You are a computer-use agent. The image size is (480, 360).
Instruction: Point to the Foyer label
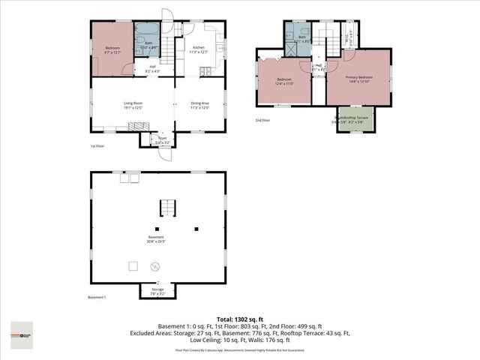162,138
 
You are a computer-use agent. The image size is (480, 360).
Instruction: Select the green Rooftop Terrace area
352,120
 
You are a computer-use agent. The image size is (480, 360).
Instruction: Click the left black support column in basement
157,229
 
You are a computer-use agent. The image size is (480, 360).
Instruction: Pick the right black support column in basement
196,229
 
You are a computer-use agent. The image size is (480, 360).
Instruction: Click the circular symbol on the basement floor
157,265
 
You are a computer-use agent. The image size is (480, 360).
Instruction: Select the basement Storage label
157,289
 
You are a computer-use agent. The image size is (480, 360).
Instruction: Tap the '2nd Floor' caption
262,120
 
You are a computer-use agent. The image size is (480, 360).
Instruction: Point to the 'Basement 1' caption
97,298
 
